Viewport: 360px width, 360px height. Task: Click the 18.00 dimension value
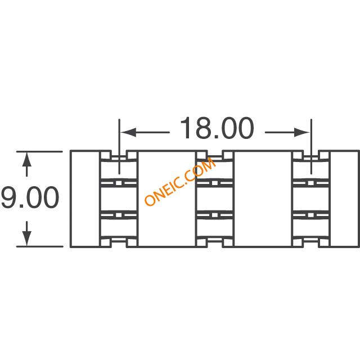(217, 128)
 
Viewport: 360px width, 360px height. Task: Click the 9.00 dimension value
(30, 197)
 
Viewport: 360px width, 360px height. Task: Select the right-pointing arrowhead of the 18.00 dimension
(302, 132)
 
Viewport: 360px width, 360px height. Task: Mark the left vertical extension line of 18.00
(119, 146)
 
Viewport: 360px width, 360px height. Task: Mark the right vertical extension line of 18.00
(311, 146)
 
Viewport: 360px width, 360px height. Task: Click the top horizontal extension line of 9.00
(39, 151)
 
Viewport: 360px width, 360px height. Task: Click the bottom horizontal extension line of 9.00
(39, 246)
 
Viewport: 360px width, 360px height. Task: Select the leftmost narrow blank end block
(85, 199)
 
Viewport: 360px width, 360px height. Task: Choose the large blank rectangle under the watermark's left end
(166, 199)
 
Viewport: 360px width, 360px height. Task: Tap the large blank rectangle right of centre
(263, 199)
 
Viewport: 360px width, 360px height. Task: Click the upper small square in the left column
(119, 183)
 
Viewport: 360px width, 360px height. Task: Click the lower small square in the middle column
(214, 215)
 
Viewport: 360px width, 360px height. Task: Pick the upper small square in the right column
(310, 183)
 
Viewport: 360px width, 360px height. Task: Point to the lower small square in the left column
(119, 215)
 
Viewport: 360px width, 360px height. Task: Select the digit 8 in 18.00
(205, 128)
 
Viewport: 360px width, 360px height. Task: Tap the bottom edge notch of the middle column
(214, 243)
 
